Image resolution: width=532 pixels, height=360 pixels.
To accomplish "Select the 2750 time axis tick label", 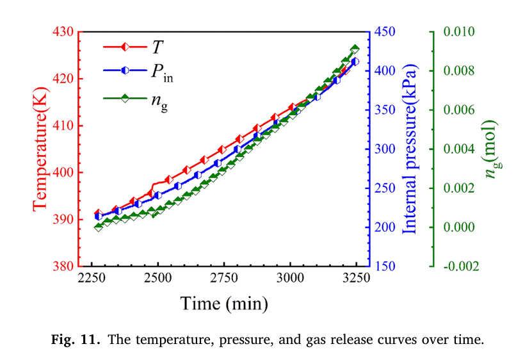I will click(223, 279).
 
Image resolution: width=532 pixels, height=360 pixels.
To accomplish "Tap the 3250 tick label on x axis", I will click(356, 279).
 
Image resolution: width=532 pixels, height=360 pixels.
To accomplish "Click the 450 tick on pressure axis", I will click(386, 31).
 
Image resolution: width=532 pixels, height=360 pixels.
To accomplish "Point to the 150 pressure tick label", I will click(386, 266).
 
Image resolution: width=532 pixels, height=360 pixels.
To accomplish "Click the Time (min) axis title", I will click(223, 302).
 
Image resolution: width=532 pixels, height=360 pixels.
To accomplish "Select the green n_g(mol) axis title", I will click(492, 149).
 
